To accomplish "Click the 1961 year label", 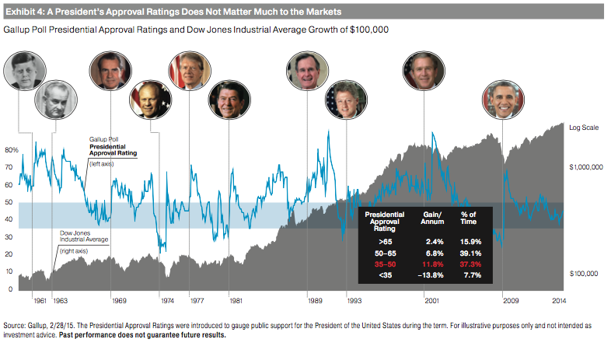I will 40,299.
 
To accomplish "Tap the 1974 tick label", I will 167,299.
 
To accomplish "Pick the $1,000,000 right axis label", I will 587,166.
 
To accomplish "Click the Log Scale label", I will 586,127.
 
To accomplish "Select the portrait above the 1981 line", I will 229,100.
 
